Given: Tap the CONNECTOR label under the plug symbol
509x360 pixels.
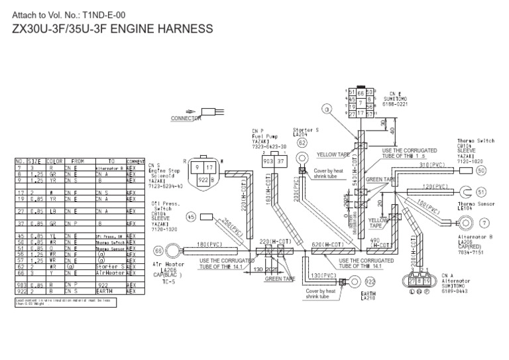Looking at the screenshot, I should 186,119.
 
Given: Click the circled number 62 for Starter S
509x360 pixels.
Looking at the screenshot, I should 302,143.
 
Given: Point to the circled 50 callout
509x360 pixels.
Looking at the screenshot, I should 481,170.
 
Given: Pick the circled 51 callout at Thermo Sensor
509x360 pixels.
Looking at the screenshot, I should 481,192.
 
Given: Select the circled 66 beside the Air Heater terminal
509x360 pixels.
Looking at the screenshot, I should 159,251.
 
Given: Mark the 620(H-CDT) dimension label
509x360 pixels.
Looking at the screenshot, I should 326,244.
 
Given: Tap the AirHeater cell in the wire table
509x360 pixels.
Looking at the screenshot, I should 110,272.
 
